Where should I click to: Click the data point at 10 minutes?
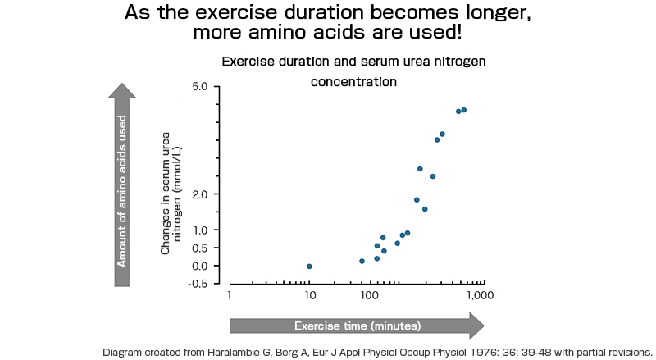tap(309, 266)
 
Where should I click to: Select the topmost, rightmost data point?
tap(464, 110)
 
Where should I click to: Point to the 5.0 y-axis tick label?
tap(198, 87)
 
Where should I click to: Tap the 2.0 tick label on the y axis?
tap(198, 194)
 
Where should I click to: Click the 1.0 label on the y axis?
tap(198, 230)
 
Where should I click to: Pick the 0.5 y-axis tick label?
tap(198, 248)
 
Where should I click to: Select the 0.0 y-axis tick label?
tap(198, 267)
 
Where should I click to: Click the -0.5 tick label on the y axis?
tap(197, 284)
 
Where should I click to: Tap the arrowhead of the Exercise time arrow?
tap(476, 326)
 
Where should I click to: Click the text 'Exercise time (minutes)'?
tap(358, 326)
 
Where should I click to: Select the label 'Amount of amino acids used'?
tap(121, 190)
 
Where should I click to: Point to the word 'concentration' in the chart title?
tap(353, 82)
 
